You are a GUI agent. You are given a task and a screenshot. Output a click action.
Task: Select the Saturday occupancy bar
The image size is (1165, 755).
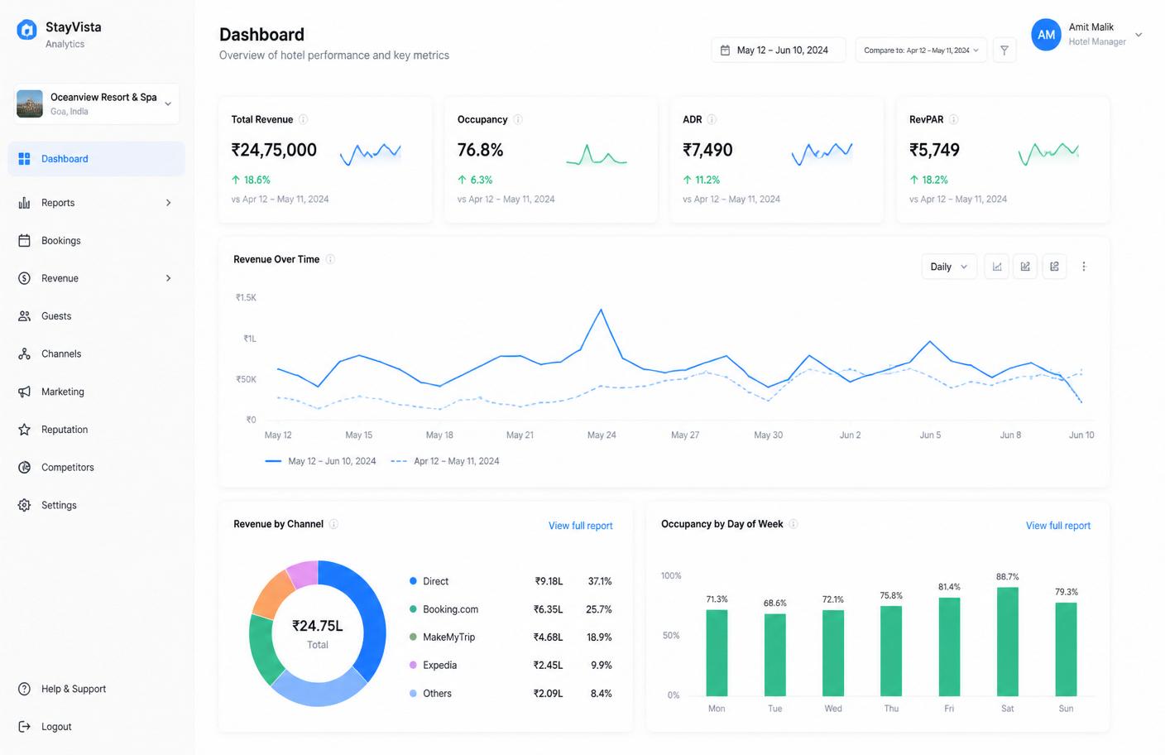click(x=1008, y=642)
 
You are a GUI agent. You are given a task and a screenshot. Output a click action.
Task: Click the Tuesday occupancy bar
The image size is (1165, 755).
click(x=775, y=655)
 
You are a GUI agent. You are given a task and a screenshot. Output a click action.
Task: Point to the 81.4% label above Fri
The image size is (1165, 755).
click(x=949, y=587)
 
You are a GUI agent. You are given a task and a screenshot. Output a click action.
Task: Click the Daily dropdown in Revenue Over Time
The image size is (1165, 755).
click(x=949, y=267)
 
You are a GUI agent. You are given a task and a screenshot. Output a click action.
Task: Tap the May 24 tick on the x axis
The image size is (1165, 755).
click(x=602, y=435)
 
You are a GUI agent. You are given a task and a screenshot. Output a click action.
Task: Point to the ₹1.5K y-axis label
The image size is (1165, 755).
click(x=246, y=298)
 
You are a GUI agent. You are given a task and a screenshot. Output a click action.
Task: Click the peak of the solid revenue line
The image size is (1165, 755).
click(x=602, y=310)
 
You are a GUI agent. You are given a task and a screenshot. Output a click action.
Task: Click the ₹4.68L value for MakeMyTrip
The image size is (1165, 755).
click(x=549, y=637)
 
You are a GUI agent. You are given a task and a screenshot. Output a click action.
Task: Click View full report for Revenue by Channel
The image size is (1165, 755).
click(x=580, y=526)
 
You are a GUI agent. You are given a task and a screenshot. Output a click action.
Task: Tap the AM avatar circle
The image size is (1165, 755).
click(x=1046, y=35)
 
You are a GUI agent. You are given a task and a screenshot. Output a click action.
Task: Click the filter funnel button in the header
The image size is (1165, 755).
click(x=1004, y=50)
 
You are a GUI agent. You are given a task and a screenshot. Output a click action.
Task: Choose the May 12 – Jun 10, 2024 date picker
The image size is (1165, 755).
click(x=778, y=50)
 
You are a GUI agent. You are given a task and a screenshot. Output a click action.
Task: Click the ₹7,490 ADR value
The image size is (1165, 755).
click(x=707, y=150)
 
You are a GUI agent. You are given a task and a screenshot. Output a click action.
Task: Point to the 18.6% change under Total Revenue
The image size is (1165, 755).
click(x=251, y=180)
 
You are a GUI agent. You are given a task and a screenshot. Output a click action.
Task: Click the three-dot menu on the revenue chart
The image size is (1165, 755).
click(x=1084, y=267)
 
